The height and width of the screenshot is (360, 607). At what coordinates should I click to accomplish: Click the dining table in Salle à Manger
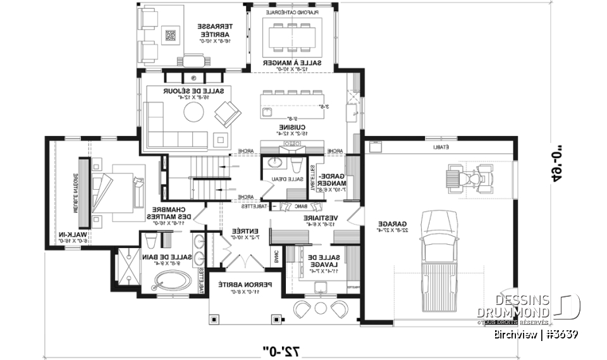click(292, 36)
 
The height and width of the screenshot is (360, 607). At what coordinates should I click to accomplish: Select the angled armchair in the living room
click(226, 115)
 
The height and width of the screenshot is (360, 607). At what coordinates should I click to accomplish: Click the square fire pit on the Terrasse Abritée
click(170, 35)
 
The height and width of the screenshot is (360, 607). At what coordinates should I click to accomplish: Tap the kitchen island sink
click(267, 113)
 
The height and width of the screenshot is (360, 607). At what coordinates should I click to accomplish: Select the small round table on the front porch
click(320, 307)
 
